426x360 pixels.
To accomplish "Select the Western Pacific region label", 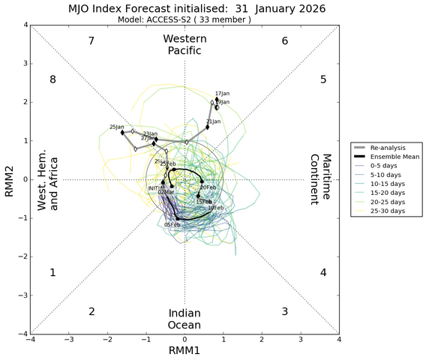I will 184,44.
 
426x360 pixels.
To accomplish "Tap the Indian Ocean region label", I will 184,319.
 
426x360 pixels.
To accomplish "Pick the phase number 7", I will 91,40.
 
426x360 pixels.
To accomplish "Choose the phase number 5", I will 322,79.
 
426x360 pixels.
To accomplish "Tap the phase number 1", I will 52,273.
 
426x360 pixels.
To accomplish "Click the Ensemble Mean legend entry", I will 388,157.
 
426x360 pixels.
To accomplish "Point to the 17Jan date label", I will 222,93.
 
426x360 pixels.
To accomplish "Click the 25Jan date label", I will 116,127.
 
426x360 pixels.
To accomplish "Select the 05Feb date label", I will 172,224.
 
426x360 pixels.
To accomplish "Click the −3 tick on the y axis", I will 22,295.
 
